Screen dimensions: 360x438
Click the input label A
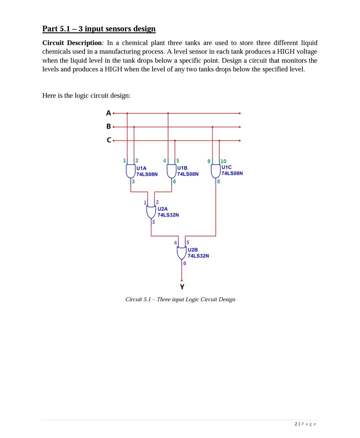108,113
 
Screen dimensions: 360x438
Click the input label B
108,126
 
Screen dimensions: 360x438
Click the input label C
109,140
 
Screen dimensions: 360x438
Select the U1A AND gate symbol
130,171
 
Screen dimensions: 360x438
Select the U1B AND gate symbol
171,171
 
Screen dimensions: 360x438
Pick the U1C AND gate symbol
215,171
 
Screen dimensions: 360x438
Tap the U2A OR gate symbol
152,212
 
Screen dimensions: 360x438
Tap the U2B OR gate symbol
182,253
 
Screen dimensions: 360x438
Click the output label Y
182,287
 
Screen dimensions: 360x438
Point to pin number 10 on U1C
223,161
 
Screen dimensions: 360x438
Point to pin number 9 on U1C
209,161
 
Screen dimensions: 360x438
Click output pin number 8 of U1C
219,181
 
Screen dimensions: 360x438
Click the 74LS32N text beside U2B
198,256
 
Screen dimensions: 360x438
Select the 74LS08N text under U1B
188,174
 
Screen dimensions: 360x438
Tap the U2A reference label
163,209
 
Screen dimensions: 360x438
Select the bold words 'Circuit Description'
72,43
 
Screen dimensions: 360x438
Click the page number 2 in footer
296,424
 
